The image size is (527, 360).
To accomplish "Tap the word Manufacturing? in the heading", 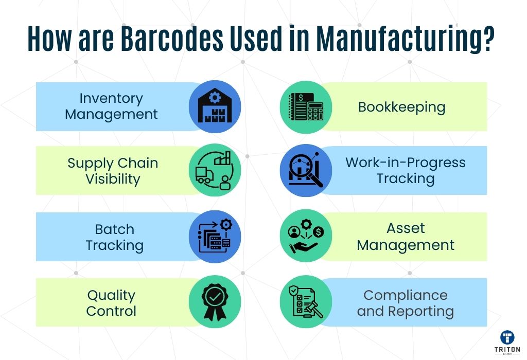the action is point(406,40).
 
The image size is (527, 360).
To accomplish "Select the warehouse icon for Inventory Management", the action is point(215,106).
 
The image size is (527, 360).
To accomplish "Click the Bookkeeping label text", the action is point(401,107).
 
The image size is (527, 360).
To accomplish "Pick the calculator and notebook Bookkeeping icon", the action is point(306,107).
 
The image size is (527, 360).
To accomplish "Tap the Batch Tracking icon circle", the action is point(215,237).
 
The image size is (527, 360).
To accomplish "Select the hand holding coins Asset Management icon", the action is point(306,236).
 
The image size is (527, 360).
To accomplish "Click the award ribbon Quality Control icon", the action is point(215,301).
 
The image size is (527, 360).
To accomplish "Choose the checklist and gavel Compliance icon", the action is point(306,301).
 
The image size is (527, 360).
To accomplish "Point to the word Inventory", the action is point(111,98).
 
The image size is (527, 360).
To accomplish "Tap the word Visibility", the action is point(113,179).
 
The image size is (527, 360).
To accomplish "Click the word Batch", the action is point(115,229).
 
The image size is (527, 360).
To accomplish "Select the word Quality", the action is point(111,296).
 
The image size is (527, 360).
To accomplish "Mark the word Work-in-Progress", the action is point(406,163).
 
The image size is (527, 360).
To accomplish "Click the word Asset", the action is point(406,228).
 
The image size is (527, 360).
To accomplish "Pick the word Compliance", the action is point(406,296).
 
